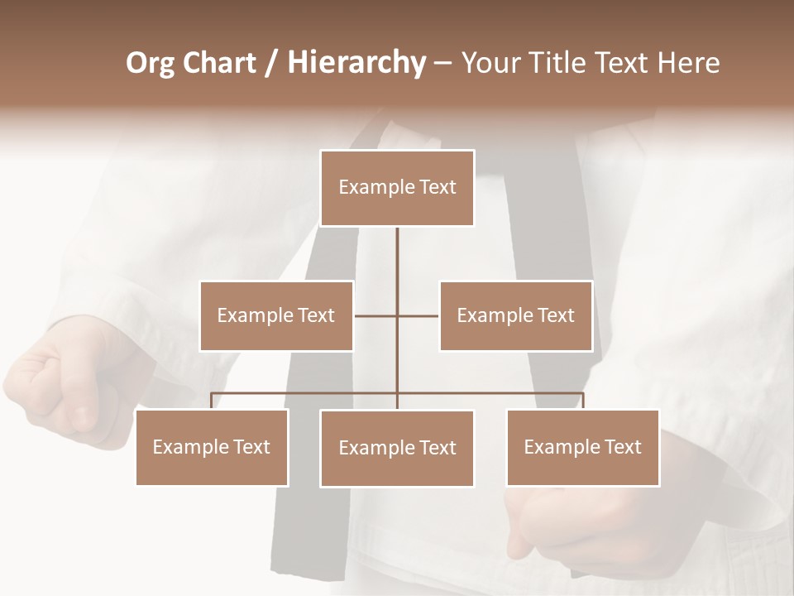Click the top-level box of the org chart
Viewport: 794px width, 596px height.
click(397, 188)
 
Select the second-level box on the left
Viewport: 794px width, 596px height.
click(276, 315)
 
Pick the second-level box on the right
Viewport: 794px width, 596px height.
click(515, 315)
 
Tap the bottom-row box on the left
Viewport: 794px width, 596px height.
click(212, 447)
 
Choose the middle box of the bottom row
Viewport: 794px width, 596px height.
click(397, 448)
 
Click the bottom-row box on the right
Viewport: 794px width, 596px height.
click(582, 447)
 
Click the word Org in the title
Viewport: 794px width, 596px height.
click(150, 63)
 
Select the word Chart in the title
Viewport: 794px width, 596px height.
click(219, 63)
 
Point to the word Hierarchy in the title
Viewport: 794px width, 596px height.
click(356, 63)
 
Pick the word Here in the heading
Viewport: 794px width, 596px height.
click(686, 63)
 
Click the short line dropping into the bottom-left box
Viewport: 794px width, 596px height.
click(212, 401)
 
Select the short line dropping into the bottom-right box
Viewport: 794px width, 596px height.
click(582, 401)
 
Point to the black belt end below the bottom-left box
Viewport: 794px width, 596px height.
click(302, 538)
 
